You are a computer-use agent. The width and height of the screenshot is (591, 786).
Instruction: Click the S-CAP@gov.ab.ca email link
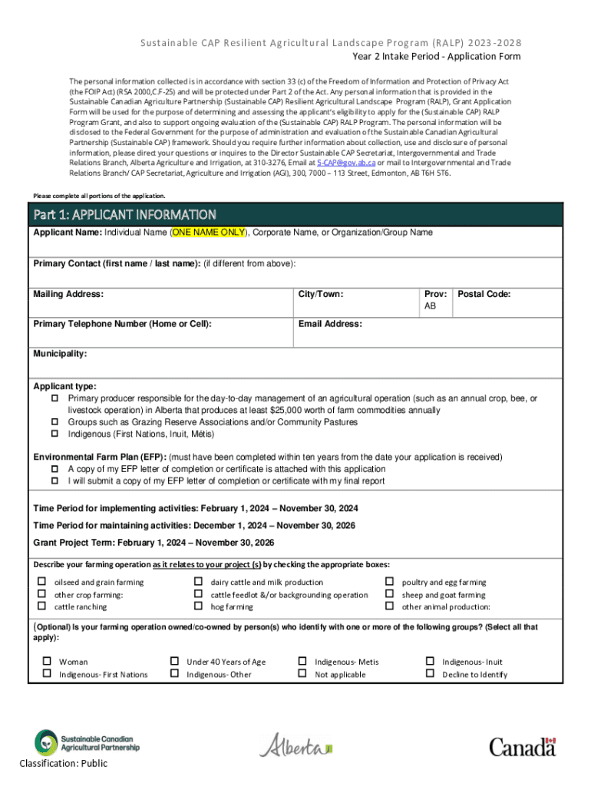pos(346,163)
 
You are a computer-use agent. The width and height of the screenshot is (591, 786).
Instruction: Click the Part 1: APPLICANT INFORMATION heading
pos(124,214)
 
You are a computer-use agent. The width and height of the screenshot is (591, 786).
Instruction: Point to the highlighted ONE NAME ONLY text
pos(208,233)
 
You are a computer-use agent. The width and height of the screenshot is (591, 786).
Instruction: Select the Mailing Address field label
pos(68,294)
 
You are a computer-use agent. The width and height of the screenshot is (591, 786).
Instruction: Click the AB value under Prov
pos(430,306)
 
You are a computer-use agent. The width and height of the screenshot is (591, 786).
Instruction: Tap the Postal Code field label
pos(484,294)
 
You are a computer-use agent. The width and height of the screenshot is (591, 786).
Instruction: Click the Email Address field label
pos(330,324)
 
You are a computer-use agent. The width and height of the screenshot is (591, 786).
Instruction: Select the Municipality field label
pos(60,354)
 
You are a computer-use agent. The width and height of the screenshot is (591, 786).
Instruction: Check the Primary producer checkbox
pos(55,398)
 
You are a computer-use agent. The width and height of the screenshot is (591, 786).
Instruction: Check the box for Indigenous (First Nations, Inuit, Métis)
pos(55,434)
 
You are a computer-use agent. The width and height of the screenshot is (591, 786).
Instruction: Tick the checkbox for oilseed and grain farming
pos(43,582)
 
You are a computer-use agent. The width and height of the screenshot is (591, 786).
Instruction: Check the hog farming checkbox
pos(198,606)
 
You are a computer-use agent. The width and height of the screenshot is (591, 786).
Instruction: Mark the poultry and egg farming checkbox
pos(389,582)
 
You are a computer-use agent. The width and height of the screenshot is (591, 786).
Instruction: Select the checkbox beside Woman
pos(47,661)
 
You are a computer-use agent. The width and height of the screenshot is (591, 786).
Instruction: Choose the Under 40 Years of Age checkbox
pos(174,661)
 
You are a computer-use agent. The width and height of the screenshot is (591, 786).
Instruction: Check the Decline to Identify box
pos(430,674)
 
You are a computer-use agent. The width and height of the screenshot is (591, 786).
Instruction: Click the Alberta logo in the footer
pos(296,745)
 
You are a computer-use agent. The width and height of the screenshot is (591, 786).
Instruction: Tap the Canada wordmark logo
pos(522,746)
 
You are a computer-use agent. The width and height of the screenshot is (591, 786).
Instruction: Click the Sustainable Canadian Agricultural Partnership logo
pos(87,742)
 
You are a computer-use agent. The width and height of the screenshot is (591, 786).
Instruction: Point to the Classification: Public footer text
pos(64,763)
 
